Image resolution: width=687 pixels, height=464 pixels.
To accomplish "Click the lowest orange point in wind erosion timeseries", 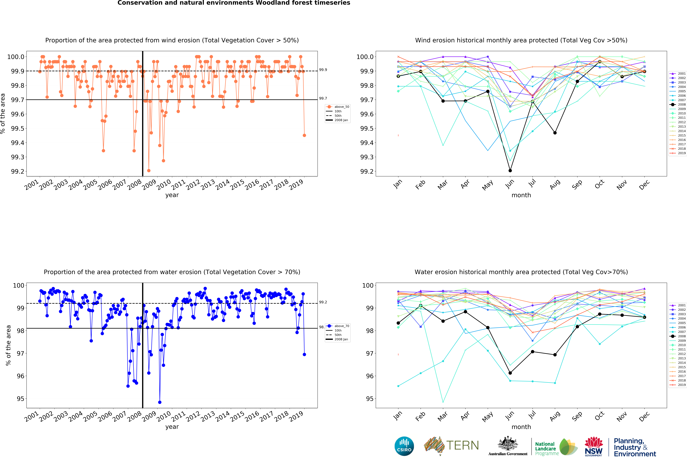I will [x=149, y=171].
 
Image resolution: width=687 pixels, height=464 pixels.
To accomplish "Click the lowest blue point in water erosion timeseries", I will [x=160, y=402].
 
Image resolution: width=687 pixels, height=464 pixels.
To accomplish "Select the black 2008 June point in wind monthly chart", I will [x=510, y=171].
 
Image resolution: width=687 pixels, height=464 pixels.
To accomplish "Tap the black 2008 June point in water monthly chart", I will [x=510, y=373].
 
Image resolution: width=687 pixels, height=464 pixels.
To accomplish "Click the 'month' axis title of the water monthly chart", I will [x=521, y=427].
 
